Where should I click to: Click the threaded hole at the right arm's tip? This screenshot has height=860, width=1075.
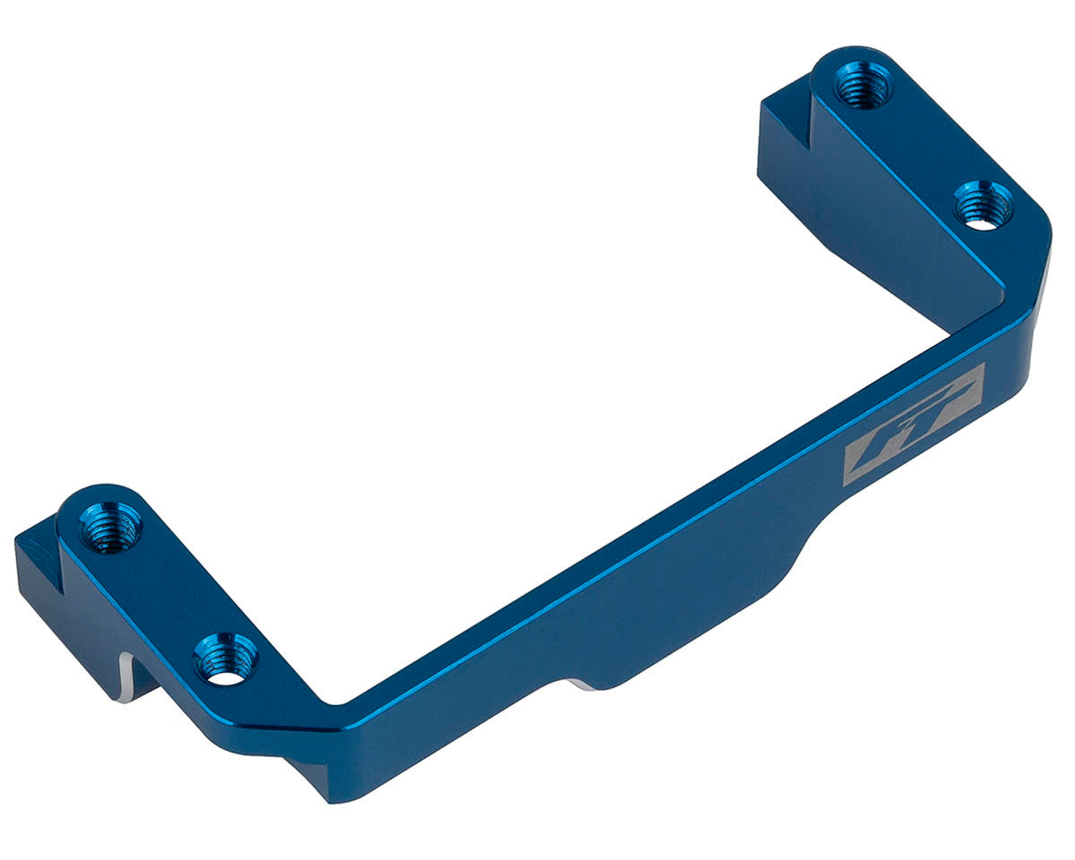pos(862,85)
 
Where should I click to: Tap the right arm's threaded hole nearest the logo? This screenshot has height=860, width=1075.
pos(983,205)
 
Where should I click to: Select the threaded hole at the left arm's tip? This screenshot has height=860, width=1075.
pos(111,528)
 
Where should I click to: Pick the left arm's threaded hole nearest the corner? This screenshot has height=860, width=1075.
pos(226,658)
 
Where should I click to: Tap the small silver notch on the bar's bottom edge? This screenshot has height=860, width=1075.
pos(578,685)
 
